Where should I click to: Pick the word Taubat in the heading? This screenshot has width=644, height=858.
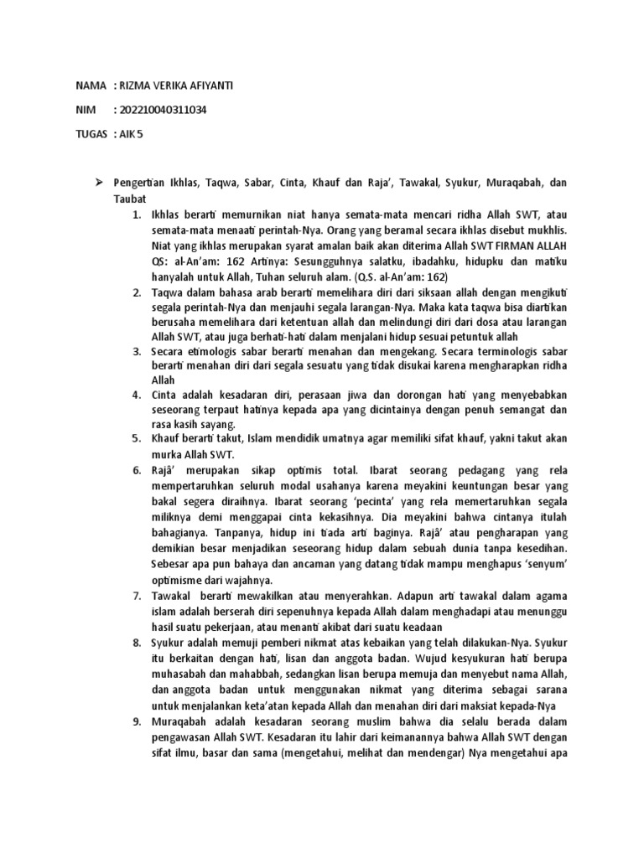click(x=130, y=199)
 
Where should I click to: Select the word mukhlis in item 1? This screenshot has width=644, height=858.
click(x=546, y=230)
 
